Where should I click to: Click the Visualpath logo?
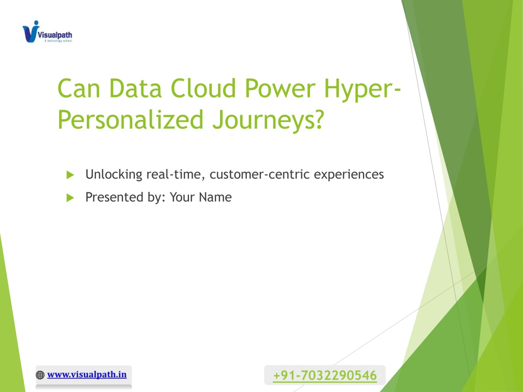click(47, 32)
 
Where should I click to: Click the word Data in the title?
click(135, 89)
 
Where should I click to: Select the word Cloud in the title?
click(203, 88)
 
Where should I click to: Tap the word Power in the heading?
click(280, 89)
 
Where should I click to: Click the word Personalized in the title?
click(130, 120)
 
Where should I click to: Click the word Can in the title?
click(79, 89)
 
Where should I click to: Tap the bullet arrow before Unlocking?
click(70, 175)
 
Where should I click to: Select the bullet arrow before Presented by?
click(70, 198)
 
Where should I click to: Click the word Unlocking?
click(114, 175)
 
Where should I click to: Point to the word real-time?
click(176, 175)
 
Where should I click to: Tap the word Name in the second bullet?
click(215, 198)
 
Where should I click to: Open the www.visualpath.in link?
click(87, 375)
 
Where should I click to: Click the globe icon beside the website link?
click(40, 375)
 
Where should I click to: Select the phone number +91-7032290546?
click(325, 375)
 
